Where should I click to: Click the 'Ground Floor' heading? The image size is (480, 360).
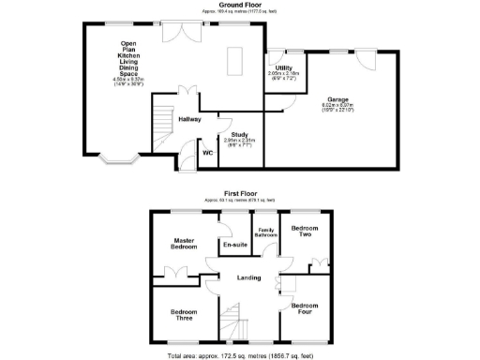tap(240, 4)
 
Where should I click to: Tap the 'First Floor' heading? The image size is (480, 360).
tap(240, 193)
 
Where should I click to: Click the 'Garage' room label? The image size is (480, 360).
tap(338, 98)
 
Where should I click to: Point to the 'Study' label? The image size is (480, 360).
tap(242, 134)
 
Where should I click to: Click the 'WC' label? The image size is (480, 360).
tap(208, 151)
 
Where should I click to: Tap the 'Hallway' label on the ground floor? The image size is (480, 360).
tap(190, 119)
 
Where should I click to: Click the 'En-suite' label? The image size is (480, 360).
tap(233, 245)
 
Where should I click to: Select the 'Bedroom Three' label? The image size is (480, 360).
tap(184, 315)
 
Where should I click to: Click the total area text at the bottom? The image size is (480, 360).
tap(240, 355)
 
